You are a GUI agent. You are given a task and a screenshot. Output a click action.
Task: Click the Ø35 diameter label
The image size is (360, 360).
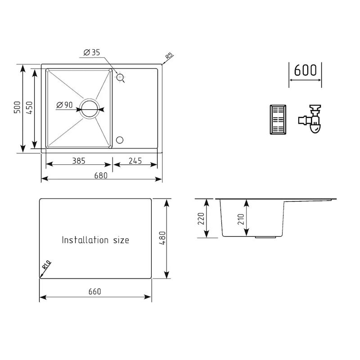point(92,53)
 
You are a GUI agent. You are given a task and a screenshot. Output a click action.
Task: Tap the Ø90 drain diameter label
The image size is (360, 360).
point(65,105)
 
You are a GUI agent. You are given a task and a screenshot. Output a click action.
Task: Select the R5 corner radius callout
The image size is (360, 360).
point(169,57)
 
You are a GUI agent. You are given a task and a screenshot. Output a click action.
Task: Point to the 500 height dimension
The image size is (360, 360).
point(17,108)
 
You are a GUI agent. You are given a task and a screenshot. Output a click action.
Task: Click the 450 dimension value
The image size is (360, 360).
point(29,108)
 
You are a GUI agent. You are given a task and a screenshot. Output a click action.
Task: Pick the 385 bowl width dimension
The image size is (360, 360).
point(78,161)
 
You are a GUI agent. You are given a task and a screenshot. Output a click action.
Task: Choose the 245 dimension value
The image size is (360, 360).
point(135,161)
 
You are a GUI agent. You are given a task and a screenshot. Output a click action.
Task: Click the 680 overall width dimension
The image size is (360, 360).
point(101,175)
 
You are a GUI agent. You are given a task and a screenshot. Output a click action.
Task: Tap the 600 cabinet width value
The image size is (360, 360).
point(305,71)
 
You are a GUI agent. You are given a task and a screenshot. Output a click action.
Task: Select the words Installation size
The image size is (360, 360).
point(95,240)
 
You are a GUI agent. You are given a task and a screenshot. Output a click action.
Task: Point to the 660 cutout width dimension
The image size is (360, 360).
point(94,292)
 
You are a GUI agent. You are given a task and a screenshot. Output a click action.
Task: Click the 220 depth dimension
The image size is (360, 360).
point(201,219)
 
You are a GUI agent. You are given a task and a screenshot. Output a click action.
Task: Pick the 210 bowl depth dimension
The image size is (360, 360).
point(241,219)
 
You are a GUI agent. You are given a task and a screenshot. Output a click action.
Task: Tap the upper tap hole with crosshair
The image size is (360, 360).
point(120,78)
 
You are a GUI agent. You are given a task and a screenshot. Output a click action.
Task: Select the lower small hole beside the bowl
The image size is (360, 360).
point(120,139)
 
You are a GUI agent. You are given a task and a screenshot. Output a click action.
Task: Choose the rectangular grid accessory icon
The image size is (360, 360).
point(277,119)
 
